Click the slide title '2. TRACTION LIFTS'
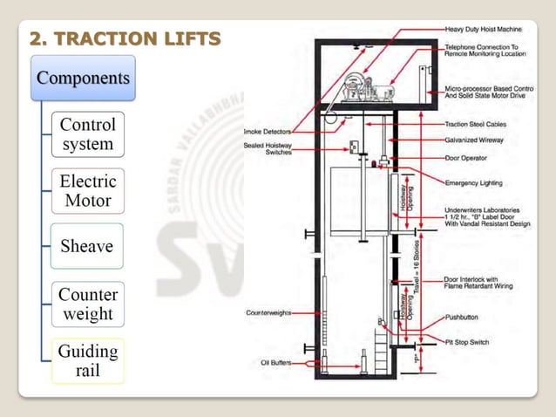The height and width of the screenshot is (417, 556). coord(125,38)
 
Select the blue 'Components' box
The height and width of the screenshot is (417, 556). coord(84,78)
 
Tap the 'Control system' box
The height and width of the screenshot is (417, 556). coord(87,133)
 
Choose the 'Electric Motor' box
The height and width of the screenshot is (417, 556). coord(87,191)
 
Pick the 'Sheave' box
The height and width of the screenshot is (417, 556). coord(87,246)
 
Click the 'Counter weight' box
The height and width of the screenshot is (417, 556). coord(87,304)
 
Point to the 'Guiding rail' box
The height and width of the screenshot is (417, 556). coord(87,360)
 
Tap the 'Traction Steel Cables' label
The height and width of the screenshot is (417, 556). coord(486,125)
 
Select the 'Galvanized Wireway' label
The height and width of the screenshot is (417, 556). coord(483,139)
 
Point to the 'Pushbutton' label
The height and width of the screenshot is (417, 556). coord(465,317)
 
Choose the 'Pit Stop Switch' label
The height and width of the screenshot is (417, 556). coord(471,343)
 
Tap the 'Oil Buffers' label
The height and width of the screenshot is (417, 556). coord(275,362)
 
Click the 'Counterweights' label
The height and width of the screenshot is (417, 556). coord(268,311)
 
